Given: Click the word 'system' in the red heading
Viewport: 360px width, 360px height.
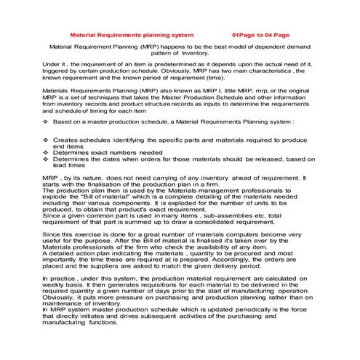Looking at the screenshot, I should point(181,34).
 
